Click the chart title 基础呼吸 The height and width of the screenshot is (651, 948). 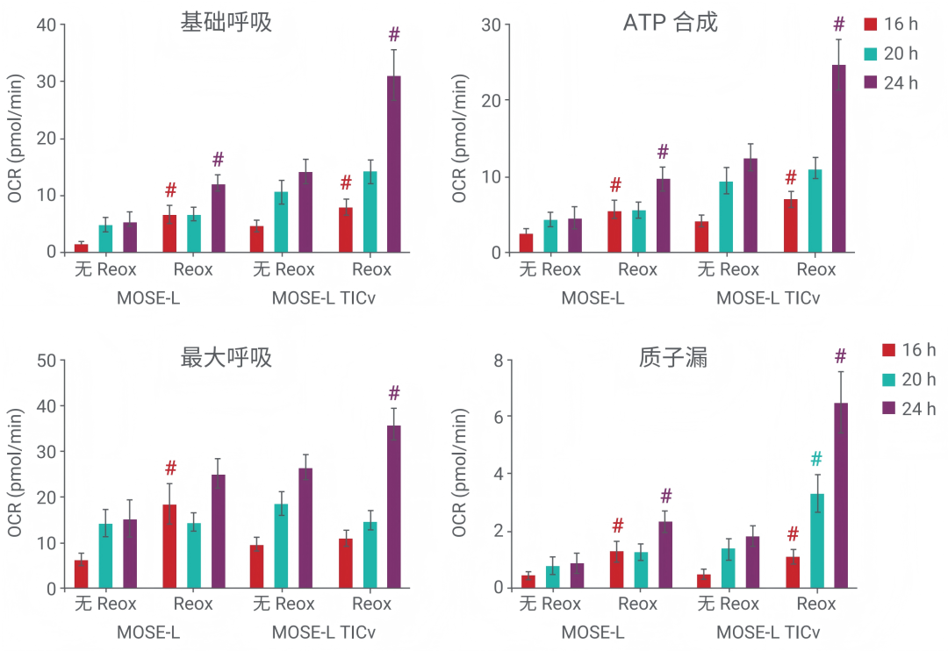(x=226, y=22)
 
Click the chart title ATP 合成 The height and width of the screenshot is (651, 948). (x=670, y=22)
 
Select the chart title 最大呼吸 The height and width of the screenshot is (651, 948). (x=226, y=358)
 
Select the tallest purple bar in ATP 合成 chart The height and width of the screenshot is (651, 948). (x=839, y=158)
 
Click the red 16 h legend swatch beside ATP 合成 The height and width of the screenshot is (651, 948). (x=871, y=24)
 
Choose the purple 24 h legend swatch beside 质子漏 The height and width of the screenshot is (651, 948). (x=889, y=409)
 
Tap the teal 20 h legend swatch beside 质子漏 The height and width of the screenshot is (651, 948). (x=889, y=380)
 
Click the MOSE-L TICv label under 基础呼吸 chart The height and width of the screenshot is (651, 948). (x=323, y=297)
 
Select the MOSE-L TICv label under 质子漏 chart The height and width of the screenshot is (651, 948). (x=768, y=633)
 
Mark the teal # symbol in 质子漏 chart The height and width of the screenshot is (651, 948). (x=816, y=459)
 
